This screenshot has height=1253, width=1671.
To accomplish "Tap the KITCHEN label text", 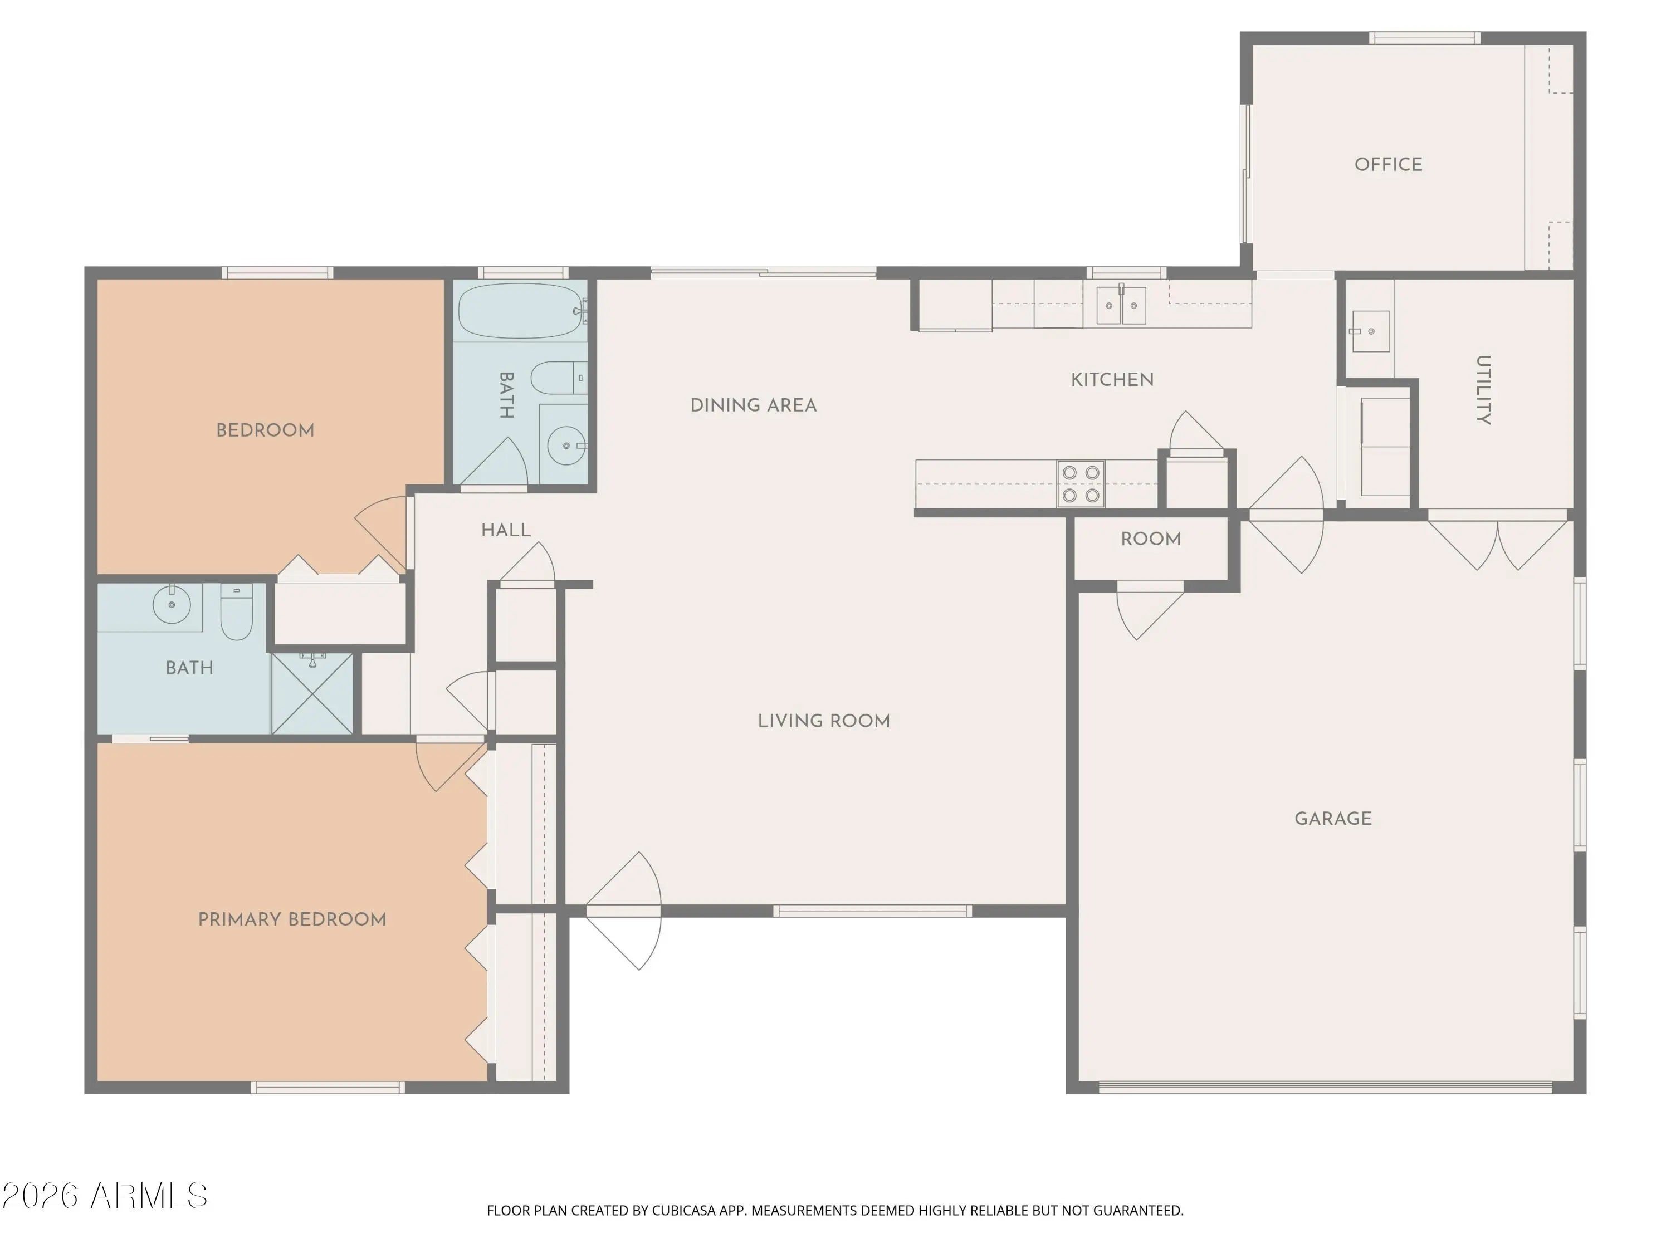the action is [1112, 380].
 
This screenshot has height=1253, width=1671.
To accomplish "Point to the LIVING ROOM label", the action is [823, 721].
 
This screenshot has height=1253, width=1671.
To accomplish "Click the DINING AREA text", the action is [753, 405].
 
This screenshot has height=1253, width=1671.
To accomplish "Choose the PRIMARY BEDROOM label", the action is [292, 920].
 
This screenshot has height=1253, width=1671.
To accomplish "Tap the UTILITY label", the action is [1483, 390].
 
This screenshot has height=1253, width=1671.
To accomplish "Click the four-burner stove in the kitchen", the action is [1080, 484].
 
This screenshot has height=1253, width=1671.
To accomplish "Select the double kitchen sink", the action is [1121, 305].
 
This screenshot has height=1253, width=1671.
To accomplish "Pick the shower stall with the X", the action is [312, 693].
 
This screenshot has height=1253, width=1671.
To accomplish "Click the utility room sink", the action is [1370, 331].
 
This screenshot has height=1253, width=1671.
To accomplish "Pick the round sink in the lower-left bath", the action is [172, 604].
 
